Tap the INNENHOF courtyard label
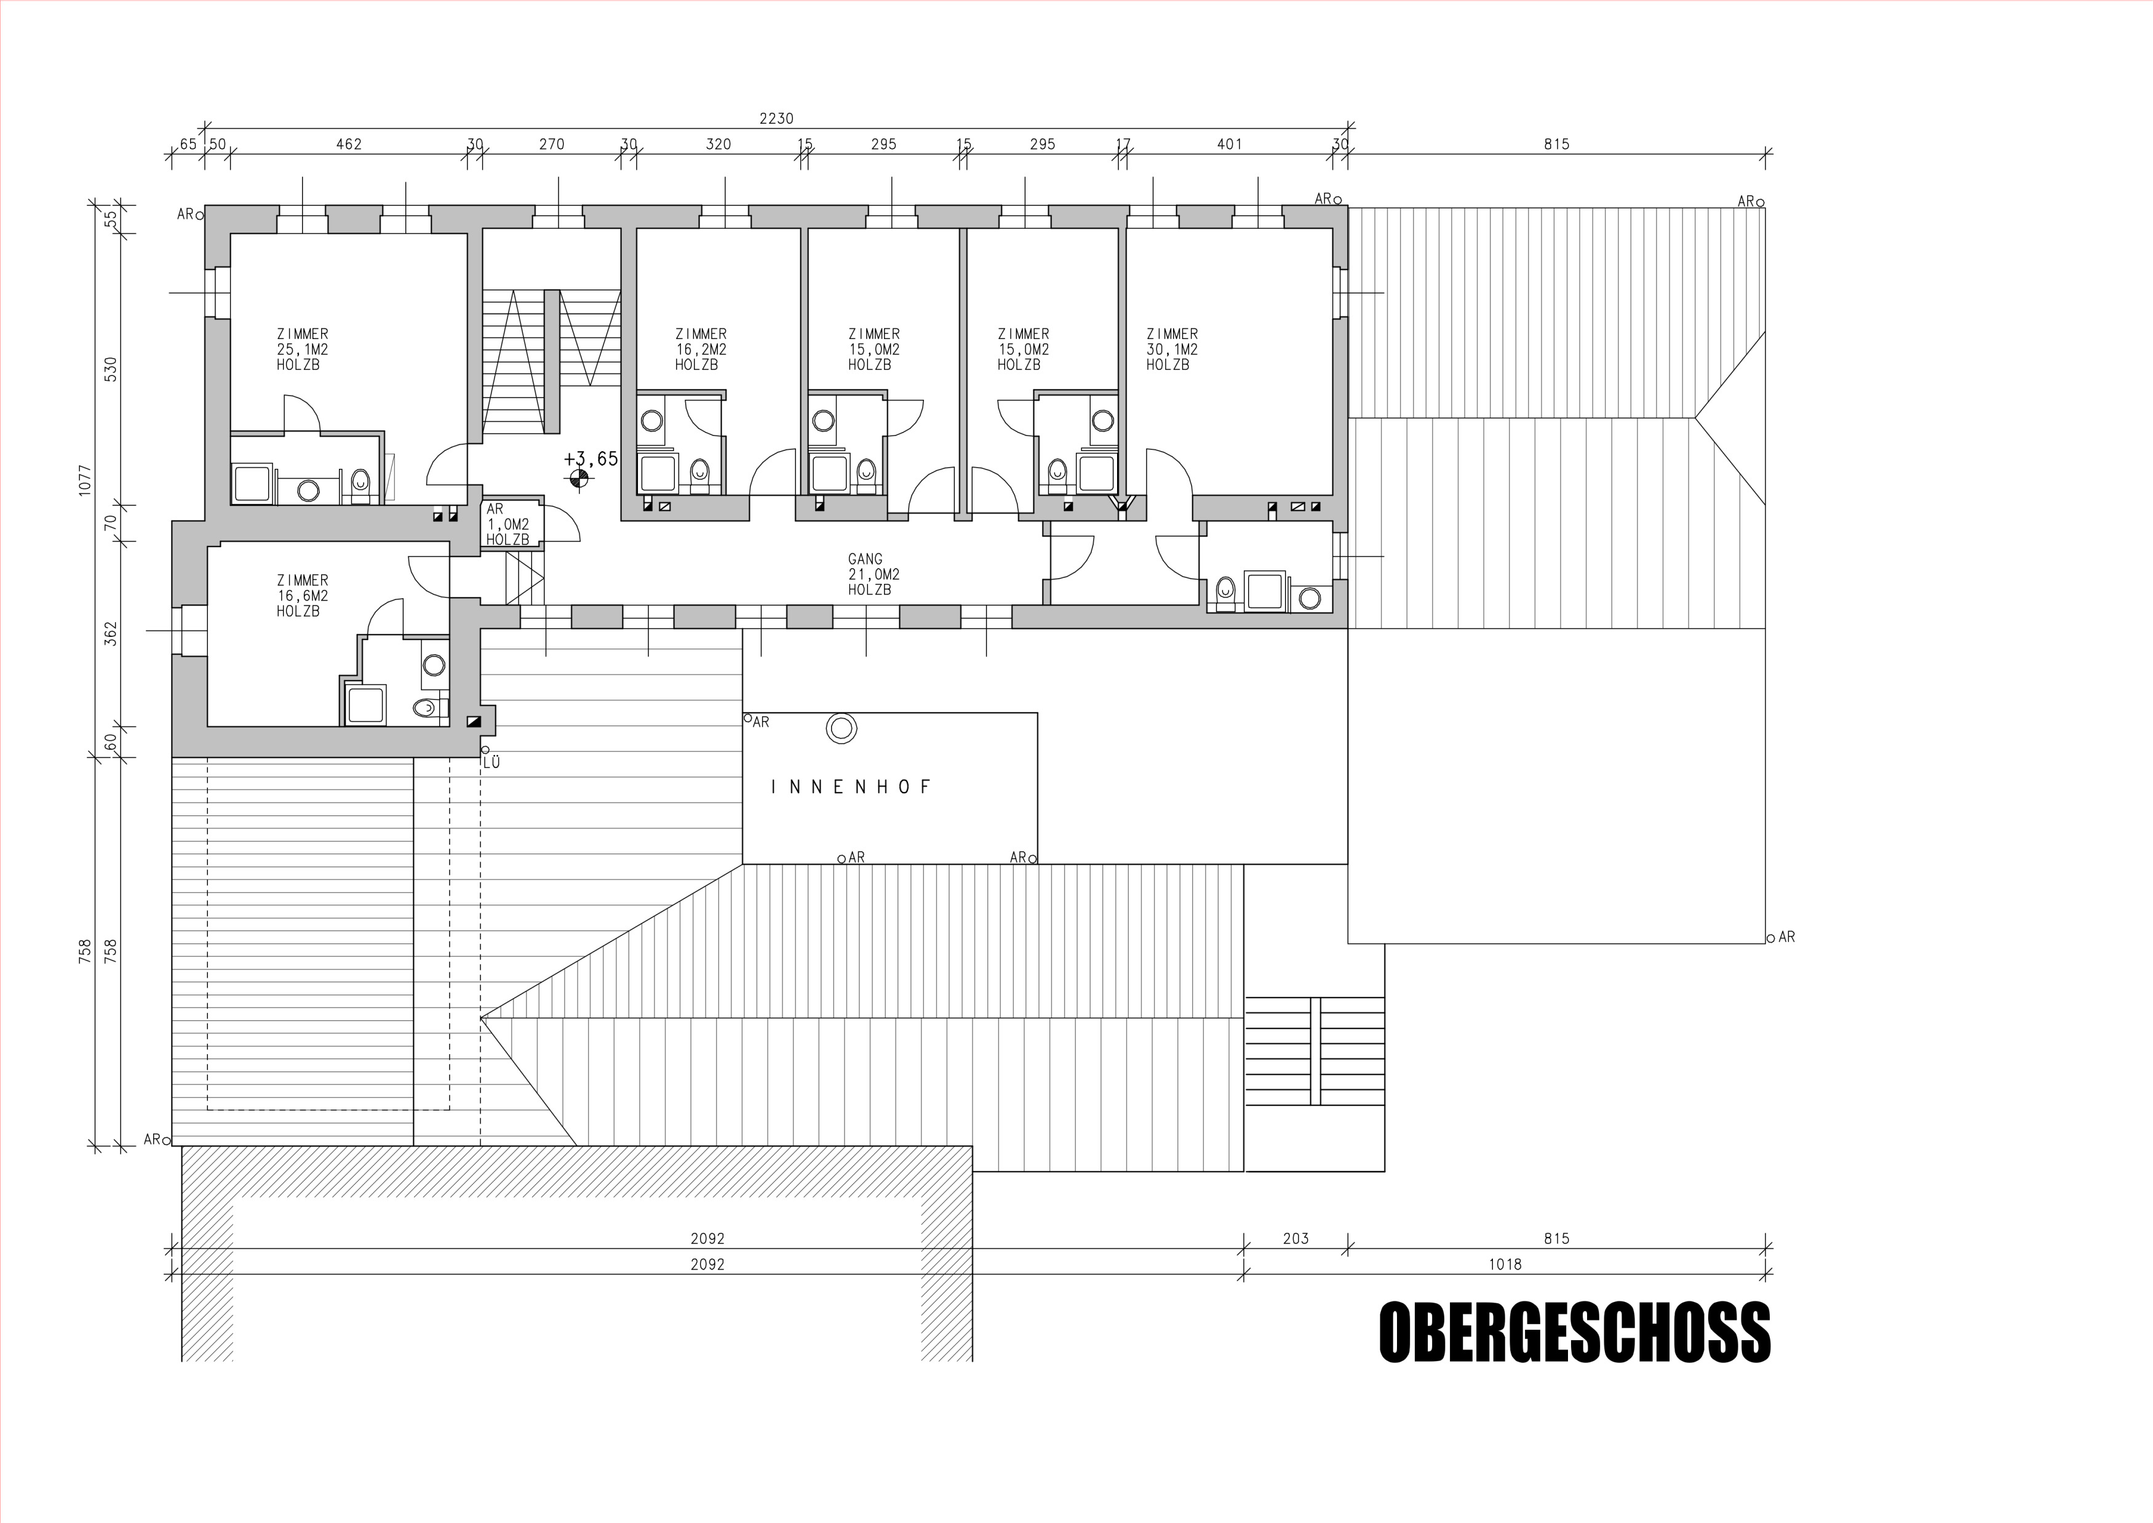coord(851,787)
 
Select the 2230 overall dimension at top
coord(776,118)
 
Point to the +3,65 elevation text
coord(591,458)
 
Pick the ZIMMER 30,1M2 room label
coord(1172,349)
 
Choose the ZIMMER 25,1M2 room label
coord(302,349)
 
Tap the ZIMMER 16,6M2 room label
coord(302,596)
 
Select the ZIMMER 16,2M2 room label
coord(701,349)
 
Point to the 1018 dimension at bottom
coord(1505,1264)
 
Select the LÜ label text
coord(491,762)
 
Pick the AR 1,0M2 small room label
coord(507,525)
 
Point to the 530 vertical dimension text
coord(111,369)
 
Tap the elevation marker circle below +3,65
coord(579,480)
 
